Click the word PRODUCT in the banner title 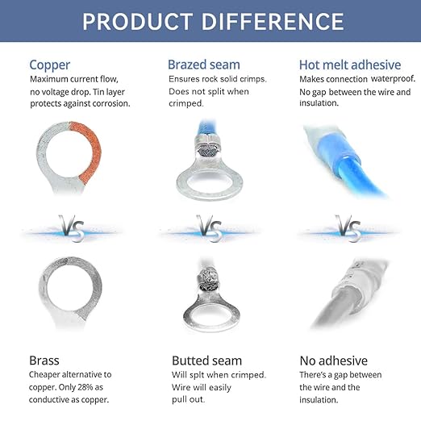pyautogui.click(x=137, y=22)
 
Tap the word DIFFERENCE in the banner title pyautogui.click(x=273, y=22)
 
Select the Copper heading pyautogui.click(x=50, y=65)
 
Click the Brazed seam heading pyautogui.click(x=204, y=65)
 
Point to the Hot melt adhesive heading pyautogui.click(x=350, y=65)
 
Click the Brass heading pyautogui.click(x=44, y=361)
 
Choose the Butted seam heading pyautogui.click(x=206, y=361)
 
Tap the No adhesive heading pyautogui.click(x=334, y=361)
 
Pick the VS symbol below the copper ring pyautogui.click(x=72, y=228)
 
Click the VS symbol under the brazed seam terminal pyautogui.click(x=210, y=228)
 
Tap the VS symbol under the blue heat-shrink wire pyautogui.click(x=348, y=228)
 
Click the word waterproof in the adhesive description pyautogui.click(x=393, y=79)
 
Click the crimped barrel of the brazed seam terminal pyautogui.click(x=207, y=147)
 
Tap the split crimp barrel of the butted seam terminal pyautogui.click(x=210, y=280)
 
